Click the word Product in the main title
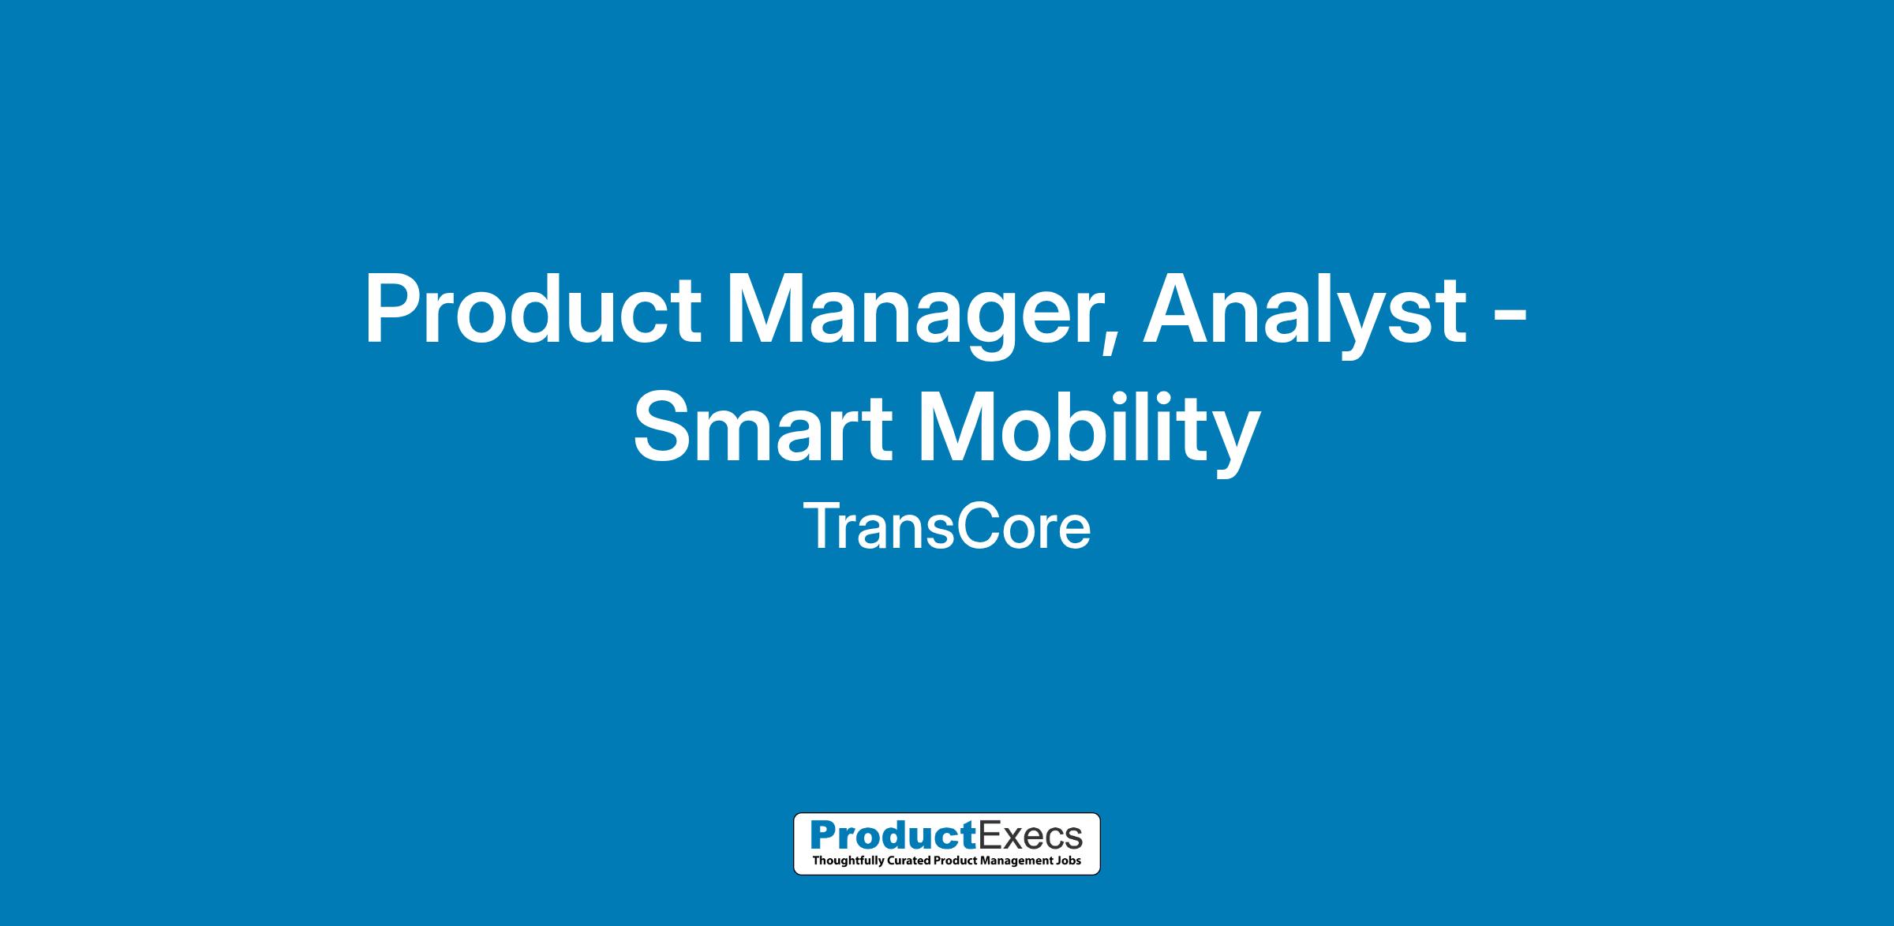click(532, 309)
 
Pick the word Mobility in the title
click(1090, 433)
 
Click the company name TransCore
click(947, 527)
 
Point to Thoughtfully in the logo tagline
click(844, 860)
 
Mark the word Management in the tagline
click(1018, 860)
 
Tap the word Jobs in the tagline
click(1072, 860)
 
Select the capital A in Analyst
click(1176, 309)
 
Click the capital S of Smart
click(662, 429)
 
